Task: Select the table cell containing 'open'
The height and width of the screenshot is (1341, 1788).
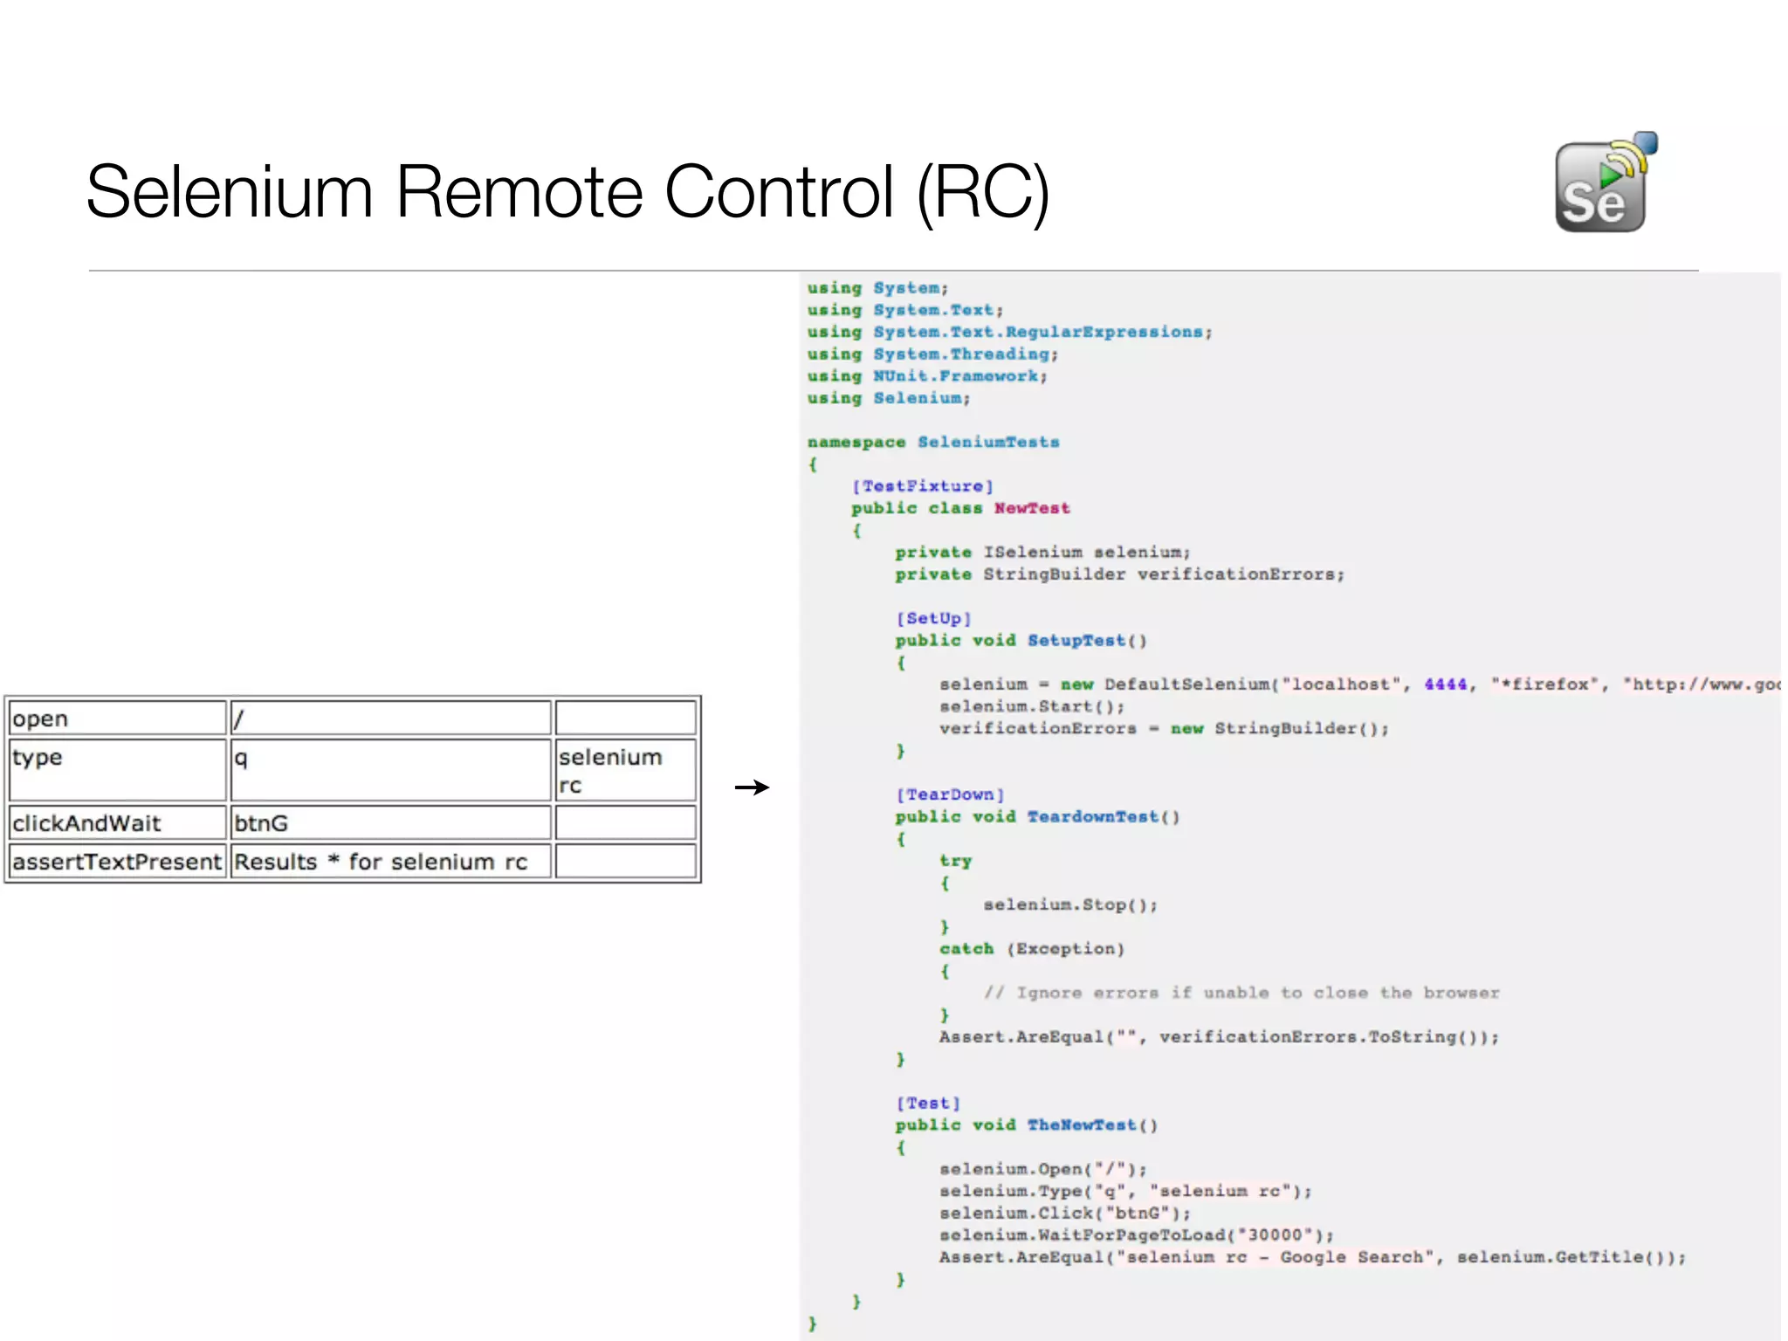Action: coord(117,719)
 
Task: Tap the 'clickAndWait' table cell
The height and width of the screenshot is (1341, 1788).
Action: coord(117,822)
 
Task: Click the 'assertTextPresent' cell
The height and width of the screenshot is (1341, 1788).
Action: coord(117,862)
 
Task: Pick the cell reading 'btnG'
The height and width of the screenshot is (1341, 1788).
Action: coord(389,822)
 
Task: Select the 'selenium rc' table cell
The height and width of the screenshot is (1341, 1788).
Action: coord(625,770)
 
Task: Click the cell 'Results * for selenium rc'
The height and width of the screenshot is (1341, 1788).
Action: coord(389,862)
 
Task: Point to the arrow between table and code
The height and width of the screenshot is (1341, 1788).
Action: coord(751,787)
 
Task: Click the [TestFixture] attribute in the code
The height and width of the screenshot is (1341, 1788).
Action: coord(922,486)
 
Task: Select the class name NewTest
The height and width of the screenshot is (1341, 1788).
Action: coord(1031,508)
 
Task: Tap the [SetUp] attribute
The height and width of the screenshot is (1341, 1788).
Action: coord(932,618)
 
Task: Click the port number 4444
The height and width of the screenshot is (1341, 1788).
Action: coord(1445,684)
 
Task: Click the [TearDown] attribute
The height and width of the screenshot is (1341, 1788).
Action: coord(950,794)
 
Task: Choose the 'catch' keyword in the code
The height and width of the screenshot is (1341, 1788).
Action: coord(966,949)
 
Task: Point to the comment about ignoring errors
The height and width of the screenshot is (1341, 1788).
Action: coord(1241,993)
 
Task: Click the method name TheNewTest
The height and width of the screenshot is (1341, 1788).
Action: coord(1081,1125)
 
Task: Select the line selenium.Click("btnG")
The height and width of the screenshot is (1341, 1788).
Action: coord(1064,1214)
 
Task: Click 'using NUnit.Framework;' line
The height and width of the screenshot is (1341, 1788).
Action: coord(926,376)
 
